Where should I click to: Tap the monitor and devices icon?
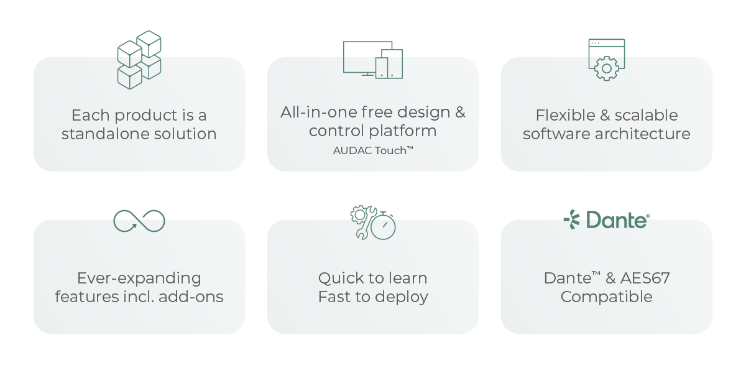(373, 60)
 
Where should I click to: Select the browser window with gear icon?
(606, 60)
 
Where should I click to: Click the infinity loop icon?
(139, 221)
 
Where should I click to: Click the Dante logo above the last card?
(606, 219)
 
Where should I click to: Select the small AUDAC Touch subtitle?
(373, 150)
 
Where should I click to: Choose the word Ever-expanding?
(139, 278)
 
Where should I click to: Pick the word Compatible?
(606, 297)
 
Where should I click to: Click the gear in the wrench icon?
(359, 215)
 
